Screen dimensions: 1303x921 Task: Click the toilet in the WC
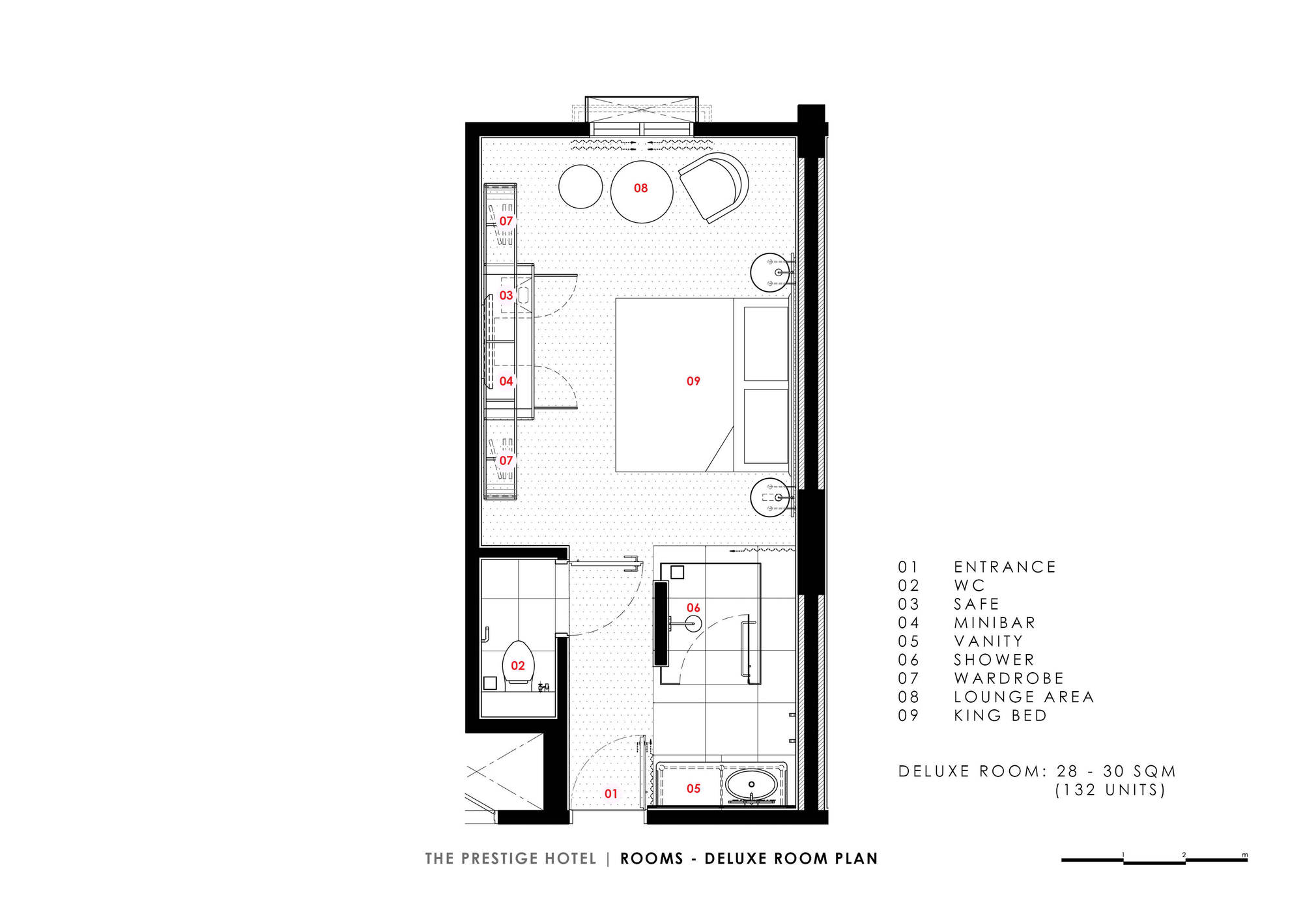pos(519,663)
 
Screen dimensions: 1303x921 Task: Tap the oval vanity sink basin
pos(751,784)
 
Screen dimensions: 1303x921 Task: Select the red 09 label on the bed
pos(693,381)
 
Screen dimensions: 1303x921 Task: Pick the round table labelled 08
pos(642,192)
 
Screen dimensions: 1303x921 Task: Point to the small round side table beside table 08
pos(580,186)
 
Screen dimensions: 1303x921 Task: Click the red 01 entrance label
pos(610,793)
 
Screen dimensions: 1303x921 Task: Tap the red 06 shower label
pos(693,608)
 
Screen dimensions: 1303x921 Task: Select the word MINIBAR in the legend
pos(994,623)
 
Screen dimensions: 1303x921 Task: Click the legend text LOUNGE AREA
pos(1024,697)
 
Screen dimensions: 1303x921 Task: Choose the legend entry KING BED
pos(1000,715)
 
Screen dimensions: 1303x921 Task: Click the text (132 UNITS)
pos(1110,790)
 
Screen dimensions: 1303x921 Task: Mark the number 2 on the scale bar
pos(1184,855)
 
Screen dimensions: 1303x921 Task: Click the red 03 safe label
pos(506,295)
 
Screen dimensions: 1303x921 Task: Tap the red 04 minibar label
pos(506,381)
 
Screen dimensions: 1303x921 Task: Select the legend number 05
pos(908,642)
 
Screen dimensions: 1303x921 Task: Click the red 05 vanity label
pos(693,789)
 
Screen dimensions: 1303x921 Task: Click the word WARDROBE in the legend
pos(1009,679)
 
